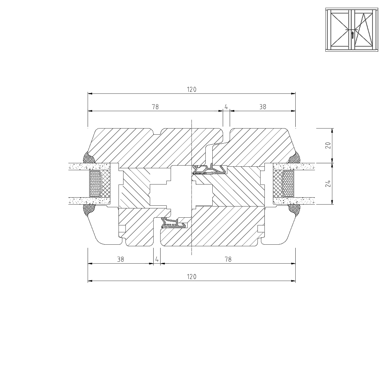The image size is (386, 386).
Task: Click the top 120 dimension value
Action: [x=191, y=90]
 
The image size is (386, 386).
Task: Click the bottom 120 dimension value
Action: [x=191, y=277]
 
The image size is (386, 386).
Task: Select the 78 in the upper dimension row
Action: [x=155, y=107]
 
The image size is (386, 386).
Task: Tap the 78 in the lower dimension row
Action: [x=228, y=259]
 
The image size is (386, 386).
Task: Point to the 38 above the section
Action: [x=262, y=107]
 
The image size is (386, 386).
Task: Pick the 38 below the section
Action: [x=120, y=259]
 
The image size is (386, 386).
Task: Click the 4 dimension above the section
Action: [x=226, y=107]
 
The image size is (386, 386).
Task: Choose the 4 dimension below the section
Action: [x=157, y=259]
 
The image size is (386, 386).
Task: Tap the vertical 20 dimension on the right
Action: [x=328, y=145]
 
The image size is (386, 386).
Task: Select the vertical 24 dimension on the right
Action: [x=328, y=184]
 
